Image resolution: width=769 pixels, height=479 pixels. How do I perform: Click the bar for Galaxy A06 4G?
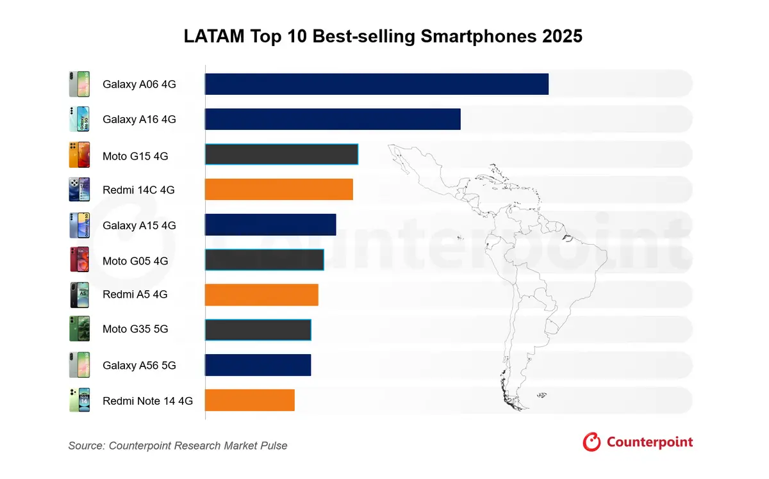click(x=377, y=84)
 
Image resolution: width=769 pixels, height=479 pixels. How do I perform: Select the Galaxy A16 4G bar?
click(x=333, y=119)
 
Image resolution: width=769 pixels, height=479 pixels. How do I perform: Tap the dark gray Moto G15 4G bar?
click(x=281, y=154)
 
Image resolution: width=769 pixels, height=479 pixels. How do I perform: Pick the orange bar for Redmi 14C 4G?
click(x=279, y=190)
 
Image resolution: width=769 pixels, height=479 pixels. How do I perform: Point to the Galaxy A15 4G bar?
click(x=270, y=225)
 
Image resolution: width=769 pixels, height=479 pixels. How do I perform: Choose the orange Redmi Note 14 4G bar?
click(x=250, y=400)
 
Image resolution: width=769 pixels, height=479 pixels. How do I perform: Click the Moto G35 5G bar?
click(x=258, y=329)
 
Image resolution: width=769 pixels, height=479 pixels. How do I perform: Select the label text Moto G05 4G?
click(x=135, y=261)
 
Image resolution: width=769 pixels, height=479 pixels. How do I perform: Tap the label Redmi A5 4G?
click(x=135, y=295)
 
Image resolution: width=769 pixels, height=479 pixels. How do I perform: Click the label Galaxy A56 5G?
click(x=139, y=366)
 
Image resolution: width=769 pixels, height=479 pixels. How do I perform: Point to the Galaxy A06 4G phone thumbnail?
click(x=79, y=84)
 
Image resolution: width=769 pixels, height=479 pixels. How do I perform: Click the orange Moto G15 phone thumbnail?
click(x=79, y=155)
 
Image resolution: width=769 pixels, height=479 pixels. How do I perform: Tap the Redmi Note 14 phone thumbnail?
click(x=79, y=400)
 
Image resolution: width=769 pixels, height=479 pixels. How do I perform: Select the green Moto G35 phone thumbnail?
click(x=79, y=329)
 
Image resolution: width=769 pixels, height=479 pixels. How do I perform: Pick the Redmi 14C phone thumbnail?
click(x=79, y=190)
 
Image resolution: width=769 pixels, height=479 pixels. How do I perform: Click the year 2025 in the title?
click(x=562, y=37)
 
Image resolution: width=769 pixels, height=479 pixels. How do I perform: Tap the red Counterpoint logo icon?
click(x=591, y=442)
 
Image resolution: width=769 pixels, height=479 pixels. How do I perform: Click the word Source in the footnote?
click(x=86, y=446)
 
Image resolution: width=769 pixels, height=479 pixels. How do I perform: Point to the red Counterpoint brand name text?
click(x=649, y=442)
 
